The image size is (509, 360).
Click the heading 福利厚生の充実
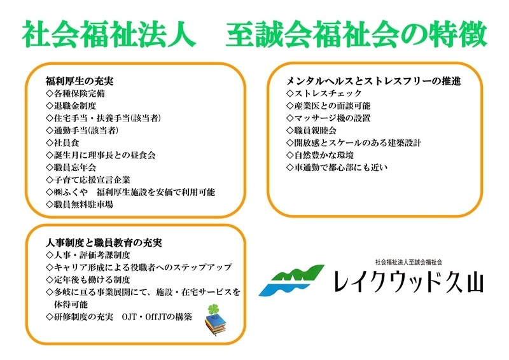pyautogui.click(x=80, y=81)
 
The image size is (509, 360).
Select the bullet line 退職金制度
pyautogui.click(x=71, y=106)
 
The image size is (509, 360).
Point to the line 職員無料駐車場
pyautogui.click(x=80, y=205)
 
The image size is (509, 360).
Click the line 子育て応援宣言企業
pyautogui.click(x=88, y=180)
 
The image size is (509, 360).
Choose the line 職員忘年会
pyautogui.click(x=71, y=167)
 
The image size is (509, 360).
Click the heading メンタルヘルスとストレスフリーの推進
pyautogui.click(x=373, y=81)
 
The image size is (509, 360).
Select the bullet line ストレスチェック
pyautogui.click(x=324, y=93)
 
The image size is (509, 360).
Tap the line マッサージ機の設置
pyautogui.click(x=328, y=118)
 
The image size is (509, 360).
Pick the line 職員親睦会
pyautogui.click(x=311, y=130)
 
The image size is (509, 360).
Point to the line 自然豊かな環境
pyautogui.click(x=320, y=155)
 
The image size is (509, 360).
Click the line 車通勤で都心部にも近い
pyautogui.click(x=337, y=167)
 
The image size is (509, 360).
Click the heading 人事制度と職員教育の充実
pyautogui.click(x=104, y=242)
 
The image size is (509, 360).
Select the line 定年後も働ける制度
pyautogui.click(x=88, y=280)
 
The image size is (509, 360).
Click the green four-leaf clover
pyautogui.click(x=213, y=309)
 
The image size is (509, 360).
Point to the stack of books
pyautogui.click(x=216, y=324)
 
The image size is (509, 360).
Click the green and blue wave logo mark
pyautogui.click(x=291, y=280)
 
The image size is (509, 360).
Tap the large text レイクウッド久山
pyautogui.click(x=408, y=281)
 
